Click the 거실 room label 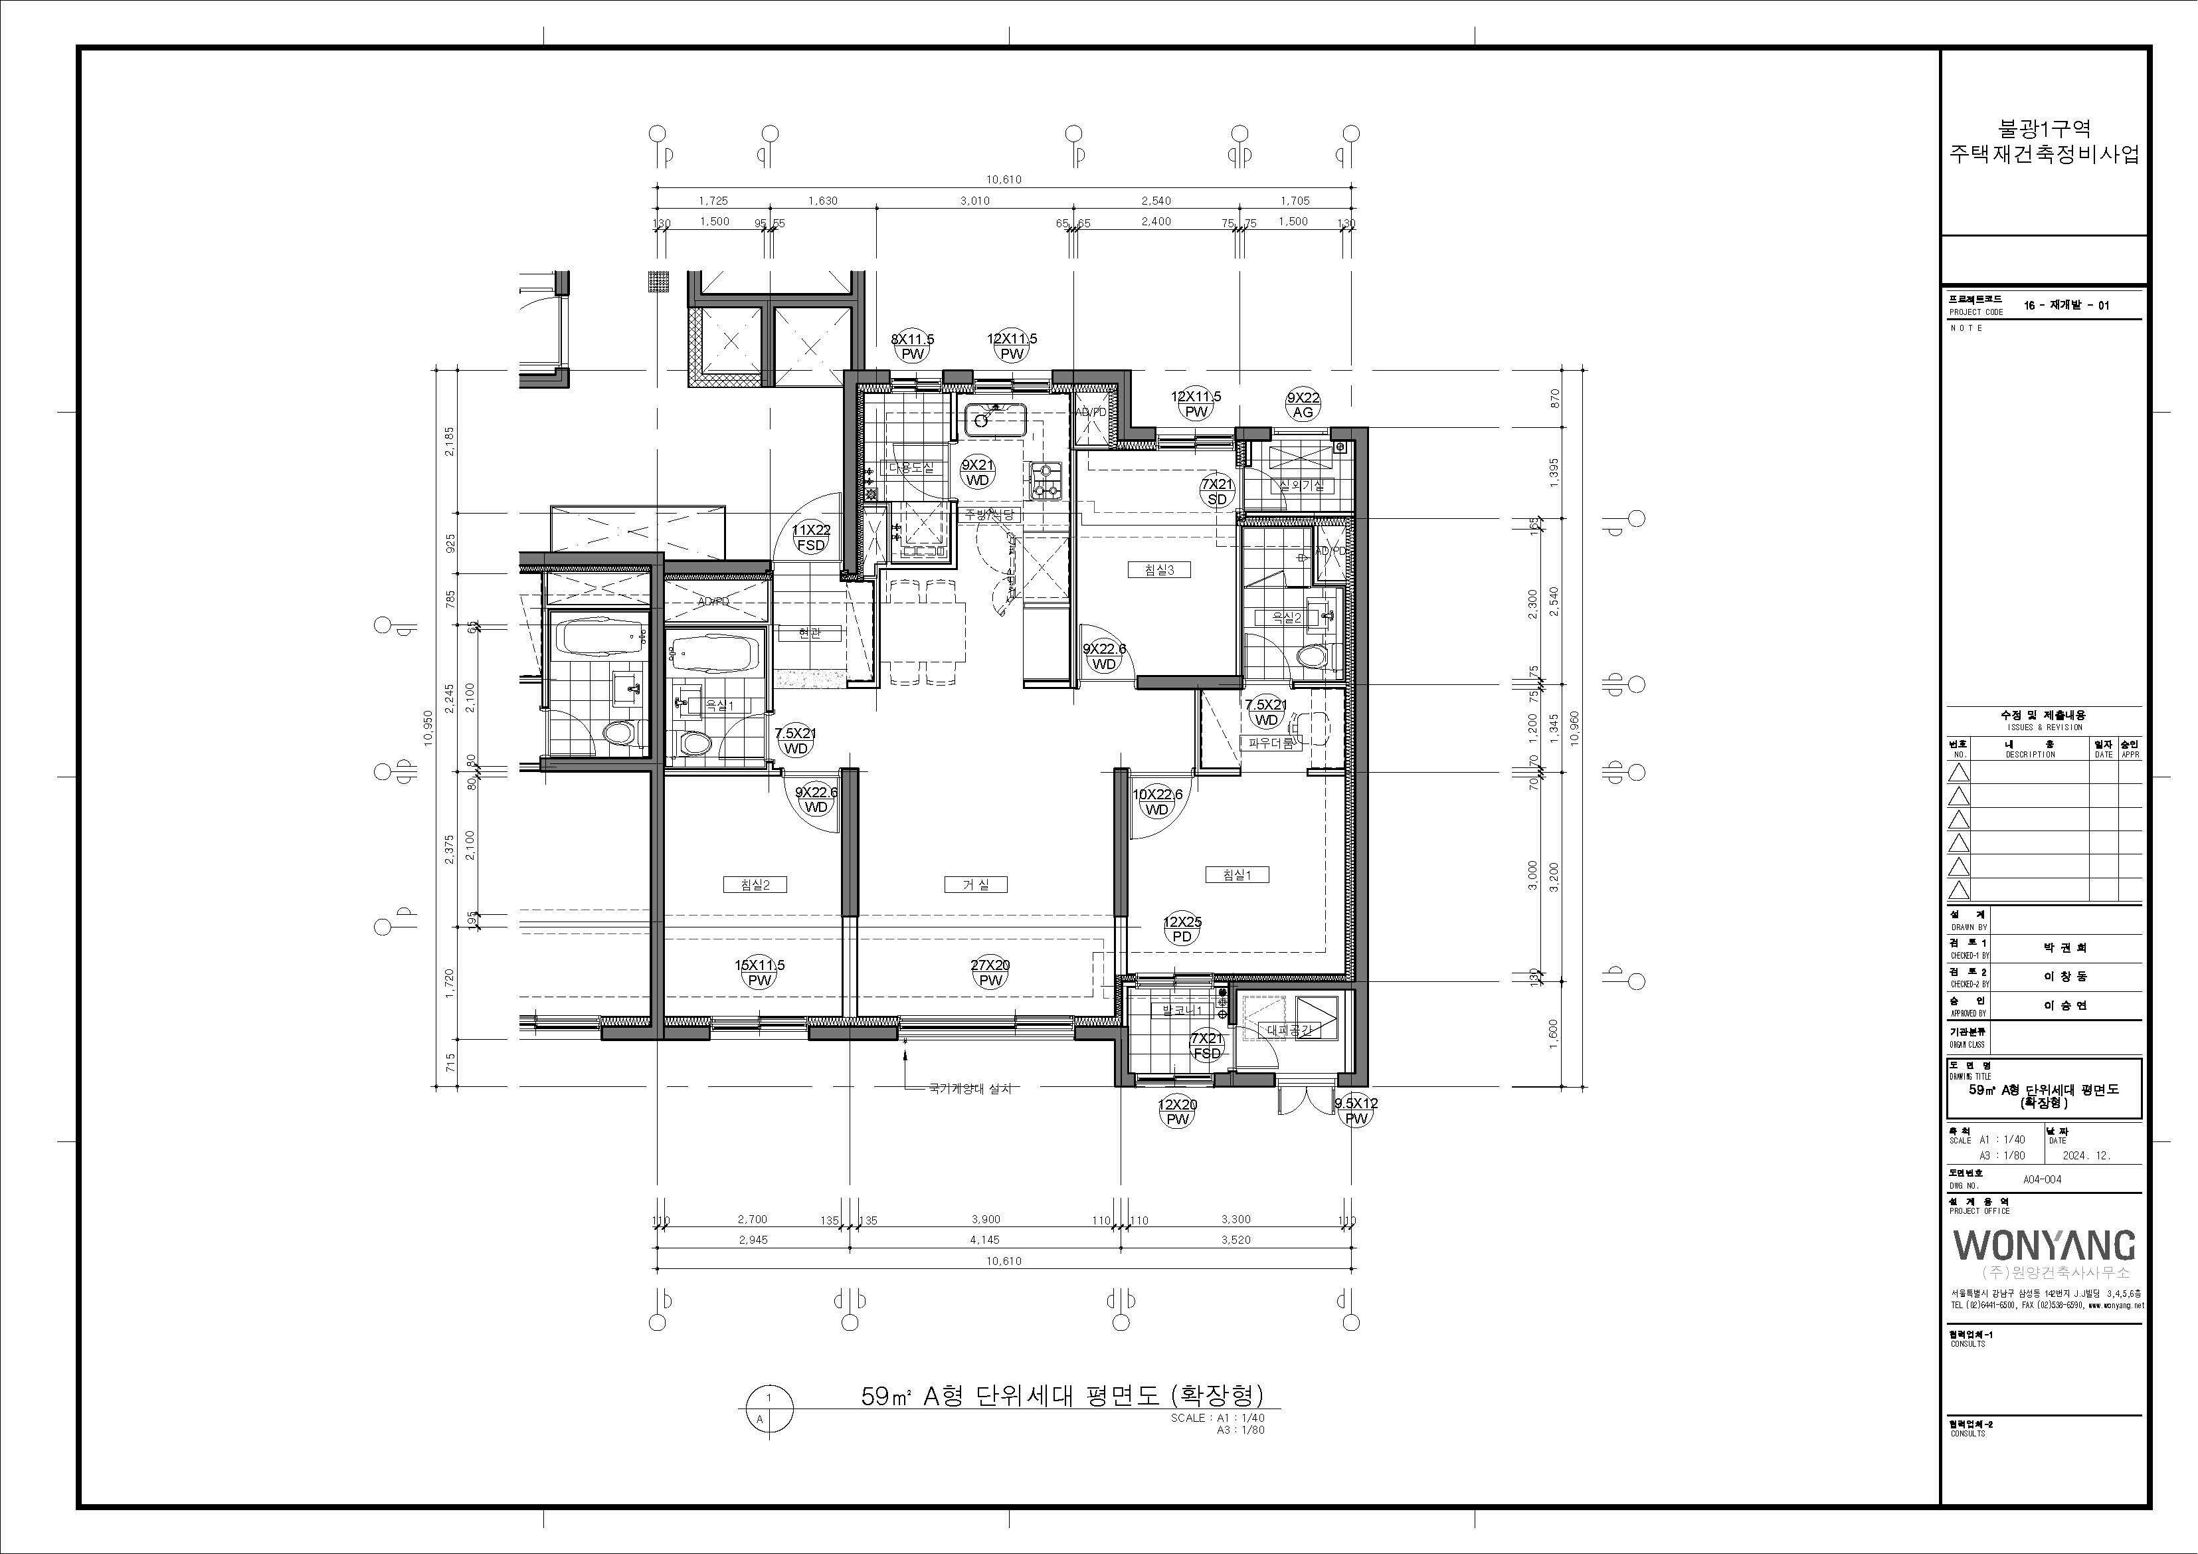(976, 885)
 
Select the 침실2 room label (755, 885)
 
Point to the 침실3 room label (1158, 569)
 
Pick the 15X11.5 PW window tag (759, 973)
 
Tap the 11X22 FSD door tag (811, 537)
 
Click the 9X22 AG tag (1303, 405)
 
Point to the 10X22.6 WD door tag (1156, 801)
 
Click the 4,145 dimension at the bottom (984, 1240)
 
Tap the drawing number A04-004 (2042, 1180)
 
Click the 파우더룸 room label (1271, 743)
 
